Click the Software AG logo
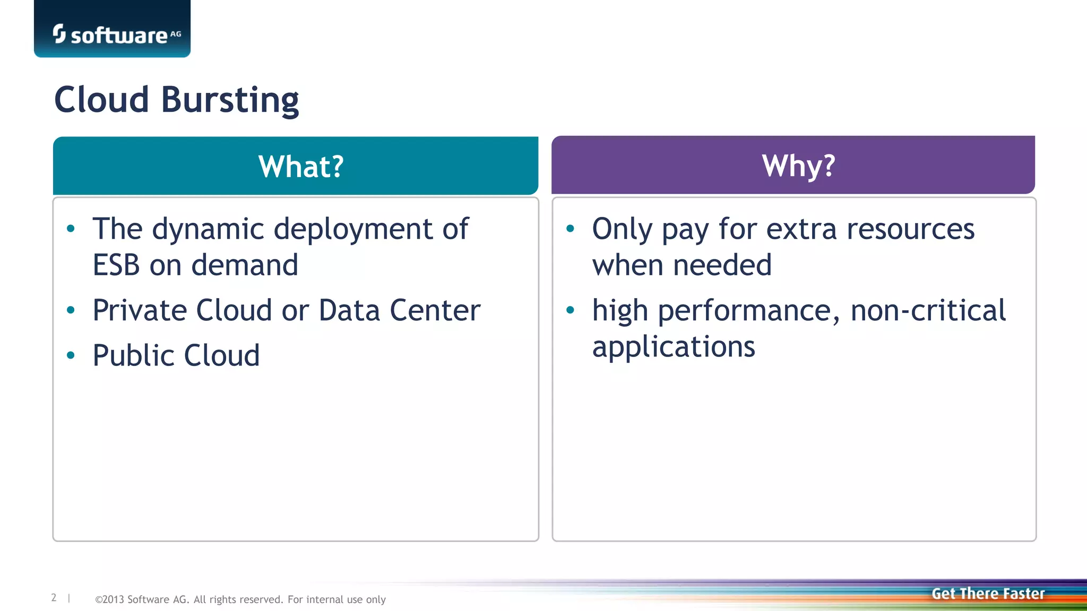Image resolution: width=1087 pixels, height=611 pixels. coord(117,34)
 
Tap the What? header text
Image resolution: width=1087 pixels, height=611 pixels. coord(301,167)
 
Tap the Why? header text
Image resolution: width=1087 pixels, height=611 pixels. coord(798,166)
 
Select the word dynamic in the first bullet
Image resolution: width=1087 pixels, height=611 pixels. coord(208,230)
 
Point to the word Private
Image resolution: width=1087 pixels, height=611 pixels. coord(140,310)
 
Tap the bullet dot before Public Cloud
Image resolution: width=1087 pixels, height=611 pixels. coord(71,355)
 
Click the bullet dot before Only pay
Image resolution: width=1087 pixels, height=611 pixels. coord(570,229)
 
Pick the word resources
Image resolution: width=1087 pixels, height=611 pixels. coord(910,230)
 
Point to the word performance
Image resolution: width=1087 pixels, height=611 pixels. coord(749,311)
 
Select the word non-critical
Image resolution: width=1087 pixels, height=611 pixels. coord(928,310)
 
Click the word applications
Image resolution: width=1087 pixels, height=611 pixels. coord(673,347)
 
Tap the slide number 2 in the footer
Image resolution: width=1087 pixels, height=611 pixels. coord(54,598)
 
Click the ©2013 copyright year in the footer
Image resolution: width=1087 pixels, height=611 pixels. coord(109,599)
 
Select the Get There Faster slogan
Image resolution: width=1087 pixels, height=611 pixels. coord(988,593)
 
